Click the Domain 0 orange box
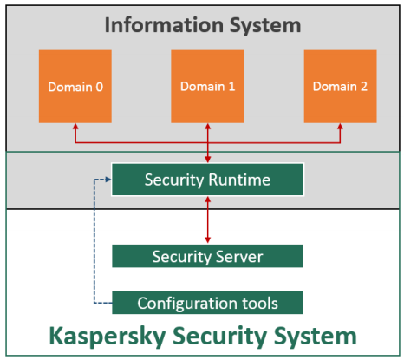pos(75,87)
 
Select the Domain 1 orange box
pos(207,87)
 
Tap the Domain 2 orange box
pos(340,87)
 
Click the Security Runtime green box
pos(207,180)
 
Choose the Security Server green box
pos(207,256)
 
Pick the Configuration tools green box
pos(207,303)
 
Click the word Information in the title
pos(164,25)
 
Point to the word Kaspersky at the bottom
pos(108,336)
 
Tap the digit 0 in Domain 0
pos(100,87)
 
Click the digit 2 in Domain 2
pos(363,86)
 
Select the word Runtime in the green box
pos(239,180)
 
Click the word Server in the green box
pos(239,257)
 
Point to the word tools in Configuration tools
pos(260,303)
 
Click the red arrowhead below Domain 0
pos(75,127)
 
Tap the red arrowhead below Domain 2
pos(340,127)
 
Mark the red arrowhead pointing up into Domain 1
pos(207,127)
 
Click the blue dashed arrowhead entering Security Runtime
pos(108,180)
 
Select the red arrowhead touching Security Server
pos(207,240)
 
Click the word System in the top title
pos(265,26)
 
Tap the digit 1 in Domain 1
pos(231,86)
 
